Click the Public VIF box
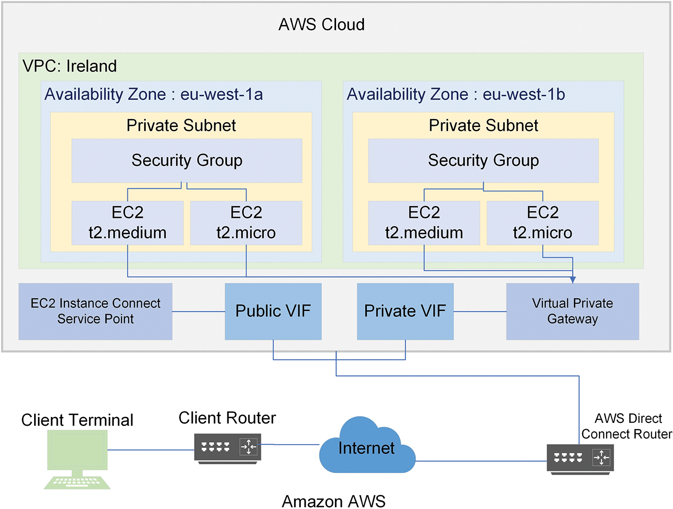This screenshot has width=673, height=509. [273, 311]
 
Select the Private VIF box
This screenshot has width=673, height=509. [405, 311]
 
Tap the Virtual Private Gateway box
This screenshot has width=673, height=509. [573, 311]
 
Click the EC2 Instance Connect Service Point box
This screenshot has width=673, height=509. [95, 311]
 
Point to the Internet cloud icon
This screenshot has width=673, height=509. [366, 447]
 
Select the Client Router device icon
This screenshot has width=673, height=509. [228, 448]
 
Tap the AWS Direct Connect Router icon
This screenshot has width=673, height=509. [580, 458]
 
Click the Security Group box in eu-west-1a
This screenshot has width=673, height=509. [187, 161]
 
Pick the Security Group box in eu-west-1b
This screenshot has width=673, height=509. [483, 161]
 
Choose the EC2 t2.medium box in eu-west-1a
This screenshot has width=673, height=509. [127, 223]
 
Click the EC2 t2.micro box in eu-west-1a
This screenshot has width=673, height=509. [246, 223]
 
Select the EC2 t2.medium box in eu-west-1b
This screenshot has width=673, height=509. [424, 223]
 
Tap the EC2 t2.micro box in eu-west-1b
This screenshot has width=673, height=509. [543, 223]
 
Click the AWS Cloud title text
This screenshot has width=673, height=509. [322, 25]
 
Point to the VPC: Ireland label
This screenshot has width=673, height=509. [70, 66]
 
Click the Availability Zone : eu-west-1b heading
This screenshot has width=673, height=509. [456, 94]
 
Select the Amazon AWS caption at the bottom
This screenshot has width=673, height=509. [334, 501]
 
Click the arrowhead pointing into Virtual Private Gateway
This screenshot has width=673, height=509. [573, 280]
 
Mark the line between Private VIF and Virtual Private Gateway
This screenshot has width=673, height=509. [480, 312]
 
